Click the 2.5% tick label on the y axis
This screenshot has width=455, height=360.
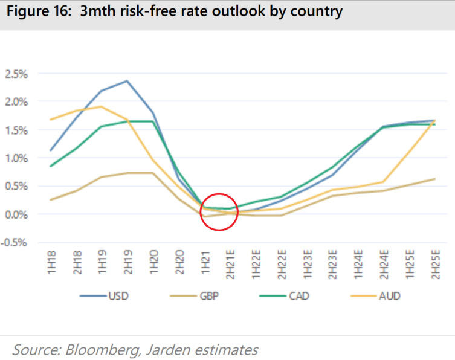click(16, 74)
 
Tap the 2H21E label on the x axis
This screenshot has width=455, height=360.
click(230, 263)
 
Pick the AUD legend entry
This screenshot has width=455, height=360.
click(389, 296)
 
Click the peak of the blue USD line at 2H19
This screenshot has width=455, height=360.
click(127, 81)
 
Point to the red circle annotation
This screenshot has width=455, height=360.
click(219, 211)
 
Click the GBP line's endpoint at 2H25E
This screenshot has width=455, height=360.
click(434, 179)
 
